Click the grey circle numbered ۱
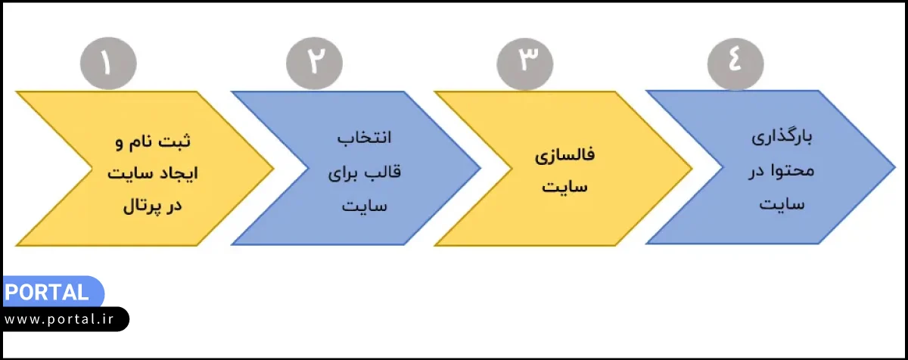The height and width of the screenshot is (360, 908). point(107,62)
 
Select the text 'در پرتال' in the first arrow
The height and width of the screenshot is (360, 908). point(154,206)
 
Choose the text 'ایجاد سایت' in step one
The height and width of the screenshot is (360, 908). point(154,173)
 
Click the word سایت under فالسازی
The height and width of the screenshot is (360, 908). point(565,188)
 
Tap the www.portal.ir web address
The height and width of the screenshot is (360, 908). point(62,319)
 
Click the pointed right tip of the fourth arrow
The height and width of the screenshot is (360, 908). point(893,167)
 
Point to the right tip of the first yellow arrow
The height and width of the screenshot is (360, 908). point(272,168)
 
